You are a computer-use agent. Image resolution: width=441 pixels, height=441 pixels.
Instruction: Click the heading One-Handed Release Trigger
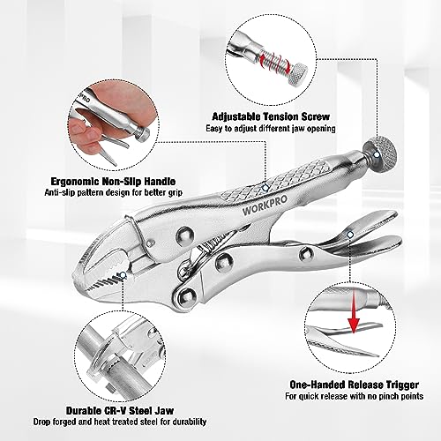click(339, 385)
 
